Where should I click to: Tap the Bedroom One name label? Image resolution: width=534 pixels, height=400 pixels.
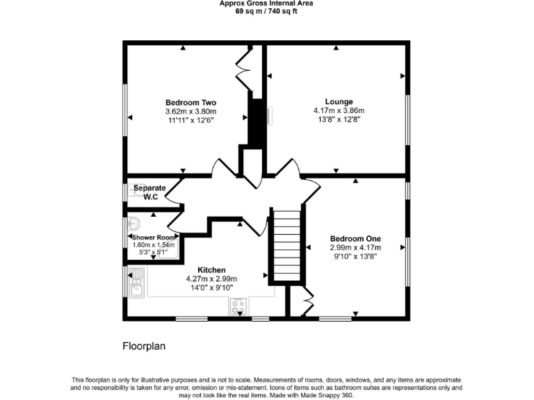coord(355,238)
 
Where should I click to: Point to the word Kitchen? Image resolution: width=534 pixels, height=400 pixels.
coord(211,270)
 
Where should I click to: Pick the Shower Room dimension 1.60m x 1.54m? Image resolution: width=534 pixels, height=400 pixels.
coord(154,244)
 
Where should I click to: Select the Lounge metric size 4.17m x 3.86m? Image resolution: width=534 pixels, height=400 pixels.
coord(339,110)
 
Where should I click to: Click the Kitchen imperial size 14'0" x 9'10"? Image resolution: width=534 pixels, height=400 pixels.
coord(211,287)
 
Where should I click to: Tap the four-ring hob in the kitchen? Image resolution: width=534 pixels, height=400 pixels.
coord(238,306)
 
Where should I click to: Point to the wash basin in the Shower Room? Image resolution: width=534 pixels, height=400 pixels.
coord(134,224)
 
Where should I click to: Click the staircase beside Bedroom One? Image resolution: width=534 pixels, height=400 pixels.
coord(286,247)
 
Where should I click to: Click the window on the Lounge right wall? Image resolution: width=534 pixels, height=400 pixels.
coord(408,118)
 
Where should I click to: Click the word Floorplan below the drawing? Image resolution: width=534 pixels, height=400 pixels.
coord(144,346)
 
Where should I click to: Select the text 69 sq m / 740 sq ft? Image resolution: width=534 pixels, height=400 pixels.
coord(266,12)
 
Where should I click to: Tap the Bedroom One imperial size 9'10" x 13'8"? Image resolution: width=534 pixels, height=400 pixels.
coord(355,256)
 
